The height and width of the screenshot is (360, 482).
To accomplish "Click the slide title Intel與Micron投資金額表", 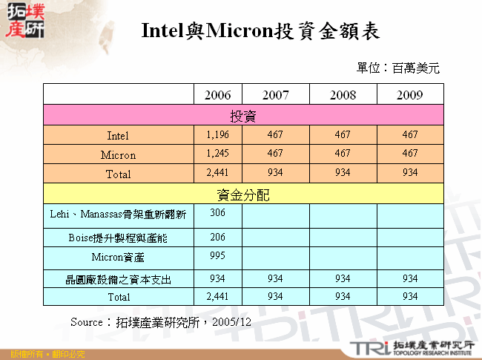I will coord(260,31).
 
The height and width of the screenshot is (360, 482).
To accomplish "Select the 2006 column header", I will coord(217,96).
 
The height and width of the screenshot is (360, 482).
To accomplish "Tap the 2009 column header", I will coord(409,96).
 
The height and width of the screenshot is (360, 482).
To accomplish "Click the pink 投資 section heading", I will coord(243,116).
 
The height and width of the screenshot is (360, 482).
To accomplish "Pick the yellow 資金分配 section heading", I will coord(243,194).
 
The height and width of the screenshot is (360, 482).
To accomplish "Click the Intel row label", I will coord(118,136).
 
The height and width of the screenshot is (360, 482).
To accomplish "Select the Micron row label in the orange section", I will coord(118,155).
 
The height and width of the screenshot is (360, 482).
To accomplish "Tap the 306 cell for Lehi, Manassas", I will coord(217,212).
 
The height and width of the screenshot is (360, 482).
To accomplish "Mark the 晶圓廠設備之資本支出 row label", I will coord(118,280).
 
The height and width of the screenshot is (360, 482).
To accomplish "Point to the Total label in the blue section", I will coord(118,296).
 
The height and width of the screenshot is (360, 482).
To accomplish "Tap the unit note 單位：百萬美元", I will coord(397,68).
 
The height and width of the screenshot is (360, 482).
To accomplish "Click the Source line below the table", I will coord(160,322).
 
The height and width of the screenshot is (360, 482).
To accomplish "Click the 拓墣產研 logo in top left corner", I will coord(24,20).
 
